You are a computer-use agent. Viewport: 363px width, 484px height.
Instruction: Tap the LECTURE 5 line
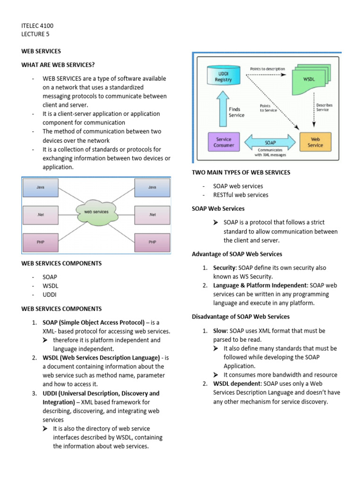(35, 34)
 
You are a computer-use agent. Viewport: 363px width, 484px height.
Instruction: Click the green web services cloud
(96, 212)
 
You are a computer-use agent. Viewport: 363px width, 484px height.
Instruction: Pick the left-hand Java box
(41, 187)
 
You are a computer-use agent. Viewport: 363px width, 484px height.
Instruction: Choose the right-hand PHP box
(152, 242)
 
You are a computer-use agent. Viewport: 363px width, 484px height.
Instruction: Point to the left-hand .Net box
(41, 215)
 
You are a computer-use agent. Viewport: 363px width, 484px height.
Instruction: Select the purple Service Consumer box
(224, 142)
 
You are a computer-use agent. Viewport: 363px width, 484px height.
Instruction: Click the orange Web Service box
(315, 142)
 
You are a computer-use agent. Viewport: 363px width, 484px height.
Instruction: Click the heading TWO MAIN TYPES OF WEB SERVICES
(241, 173)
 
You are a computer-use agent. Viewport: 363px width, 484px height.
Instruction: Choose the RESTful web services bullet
(241, 195)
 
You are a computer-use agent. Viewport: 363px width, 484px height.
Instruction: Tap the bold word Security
(224, 268)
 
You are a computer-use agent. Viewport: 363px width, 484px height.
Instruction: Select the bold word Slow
(220, 331)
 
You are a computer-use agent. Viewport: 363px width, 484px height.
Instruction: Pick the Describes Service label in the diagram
(324, 107)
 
